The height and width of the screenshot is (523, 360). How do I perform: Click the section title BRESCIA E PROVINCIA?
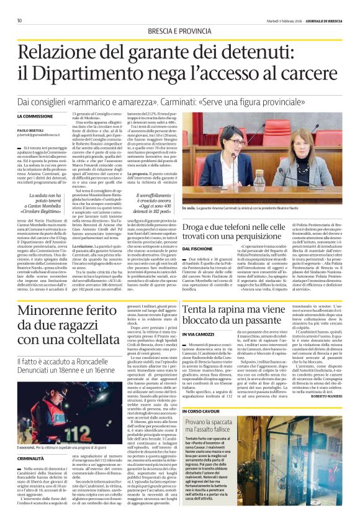click(179, 30)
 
